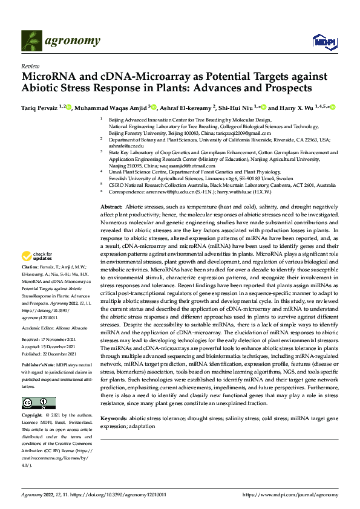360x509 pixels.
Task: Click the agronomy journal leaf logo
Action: tap(32, 41)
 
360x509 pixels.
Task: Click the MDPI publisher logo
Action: tap(321, 41)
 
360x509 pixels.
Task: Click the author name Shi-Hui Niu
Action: tap(238, 108)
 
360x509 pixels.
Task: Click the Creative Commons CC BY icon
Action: tap(38, 403)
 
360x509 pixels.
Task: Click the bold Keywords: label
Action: tap(114, 401)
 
